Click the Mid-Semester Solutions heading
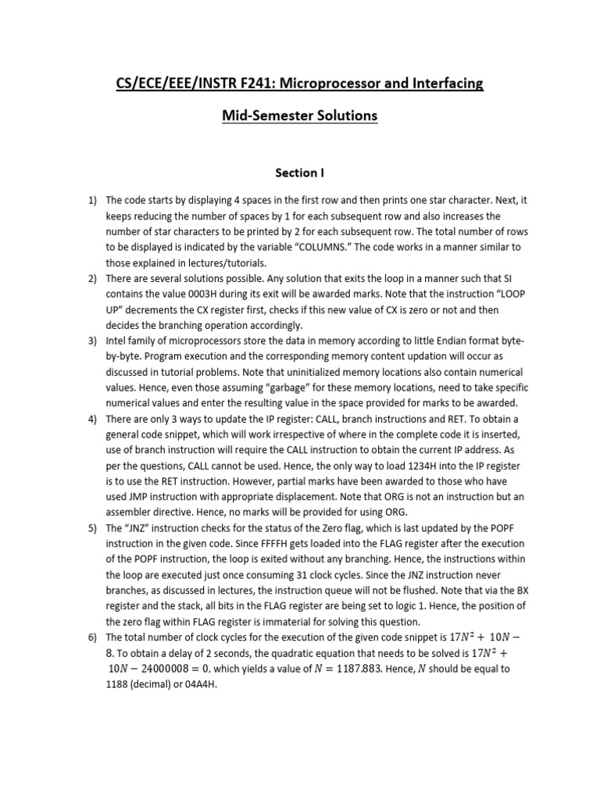(299, 116)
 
